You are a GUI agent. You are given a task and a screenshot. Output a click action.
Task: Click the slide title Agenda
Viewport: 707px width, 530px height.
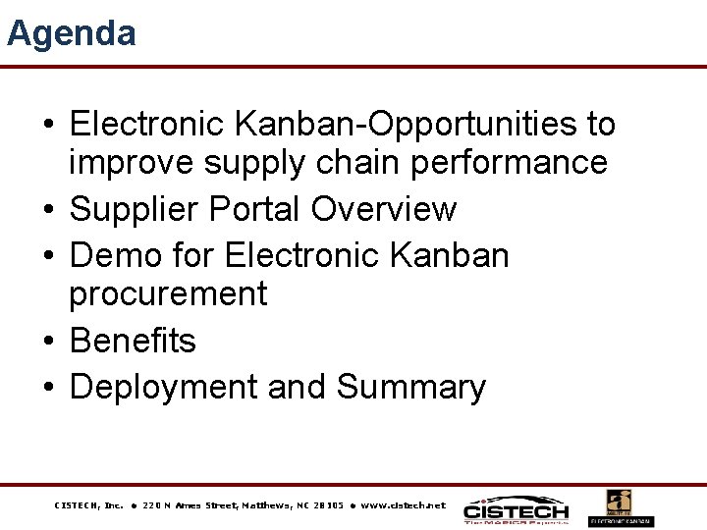(72, 34)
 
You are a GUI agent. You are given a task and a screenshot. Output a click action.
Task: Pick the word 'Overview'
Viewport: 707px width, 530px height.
(384, 209)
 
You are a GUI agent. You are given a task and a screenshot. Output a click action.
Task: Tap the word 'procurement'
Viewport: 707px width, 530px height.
(168, 293)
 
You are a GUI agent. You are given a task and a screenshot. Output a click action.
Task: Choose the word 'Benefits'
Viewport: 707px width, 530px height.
(133, 341)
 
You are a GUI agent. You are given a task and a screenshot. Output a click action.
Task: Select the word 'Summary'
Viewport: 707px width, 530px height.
(410, 388)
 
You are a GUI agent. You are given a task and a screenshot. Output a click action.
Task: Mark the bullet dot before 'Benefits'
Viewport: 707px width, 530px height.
(48, 342)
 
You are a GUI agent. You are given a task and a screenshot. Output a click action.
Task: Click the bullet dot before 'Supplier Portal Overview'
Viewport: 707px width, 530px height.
(48, 210)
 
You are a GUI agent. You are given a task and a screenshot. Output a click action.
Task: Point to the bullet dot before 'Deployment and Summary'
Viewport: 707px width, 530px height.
(48, 388)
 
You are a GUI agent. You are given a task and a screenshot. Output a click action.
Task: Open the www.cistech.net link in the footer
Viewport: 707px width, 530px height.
(403, 505)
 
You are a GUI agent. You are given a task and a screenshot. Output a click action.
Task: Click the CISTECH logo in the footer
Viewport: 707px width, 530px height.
(516, 508)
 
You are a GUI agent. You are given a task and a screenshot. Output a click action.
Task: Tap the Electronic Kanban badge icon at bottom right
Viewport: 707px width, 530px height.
(620, 507)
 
